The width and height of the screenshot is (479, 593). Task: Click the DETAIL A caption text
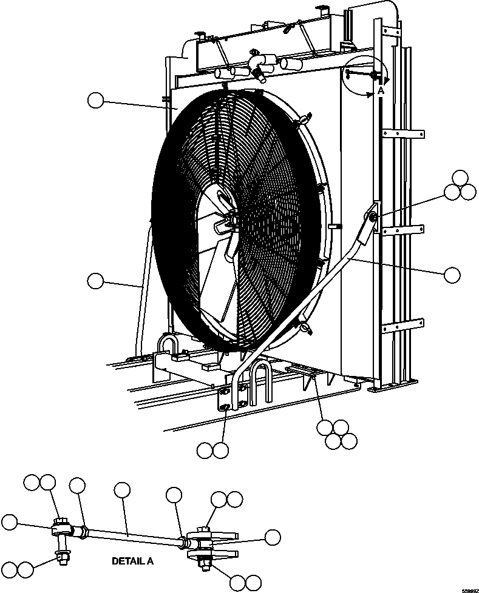[x=132, y=561]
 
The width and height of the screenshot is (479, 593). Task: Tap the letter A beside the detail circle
[x=380, y=90]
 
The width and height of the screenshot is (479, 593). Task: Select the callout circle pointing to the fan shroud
[x=96, y=101]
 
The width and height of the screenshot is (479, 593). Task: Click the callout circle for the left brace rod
[x=95, y=281]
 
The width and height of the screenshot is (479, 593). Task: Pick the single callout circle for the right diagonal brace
[x=452, y=275]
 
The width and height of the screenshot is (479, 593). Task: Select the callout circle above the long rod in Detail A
[x=122, y=491]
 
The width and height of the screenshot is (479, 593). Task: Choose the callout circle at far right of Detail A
[x=273, y=537]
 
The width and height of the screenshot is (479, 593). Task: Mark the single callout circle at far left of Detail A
[x=10, y=522]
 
